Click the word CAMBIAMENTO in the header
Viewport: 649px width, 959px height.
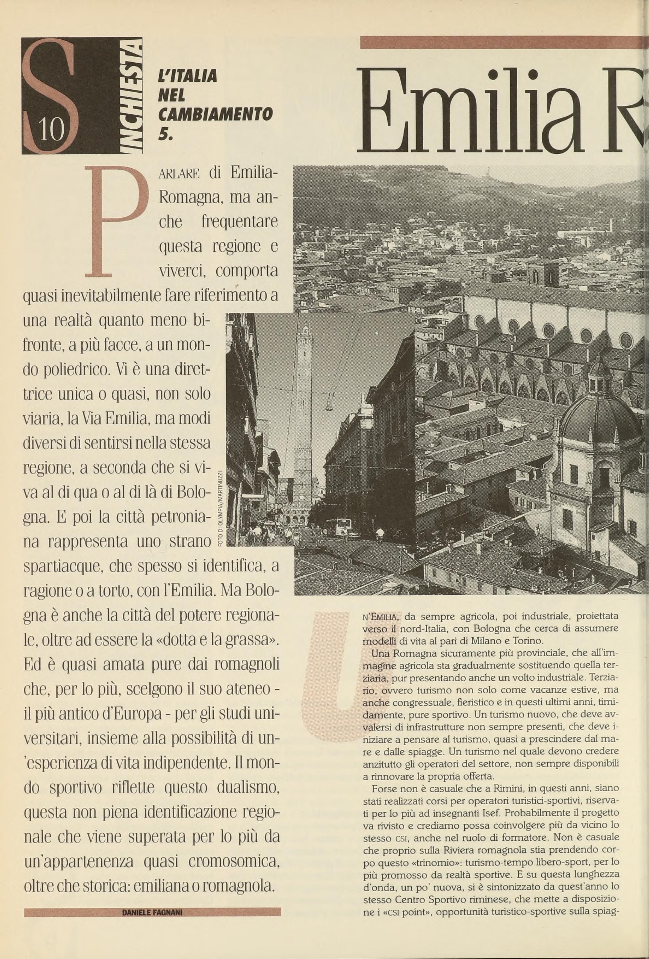(x=215, y=114)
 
